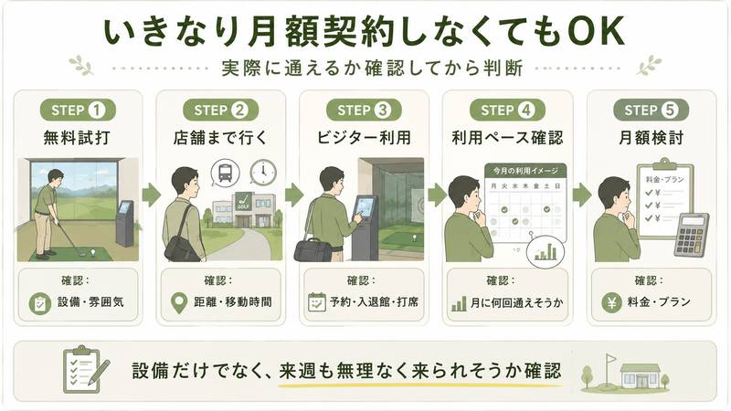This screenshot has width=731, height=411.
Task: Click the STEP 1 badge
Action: (78, 111)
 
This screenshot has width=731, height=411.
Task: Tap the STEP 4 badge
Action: (507, 111)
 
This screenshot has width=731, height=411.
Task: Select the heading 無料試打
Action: (77, 138)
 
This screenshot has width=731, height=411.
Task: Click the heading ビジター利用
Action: (364, 138)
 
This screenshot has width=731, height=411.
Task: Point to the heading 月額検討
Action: (651, 138)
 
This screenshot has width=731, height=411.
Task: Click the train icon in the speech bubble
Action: (225, 173)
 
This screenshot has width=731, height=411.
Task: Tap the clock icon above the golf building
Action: (263, 172)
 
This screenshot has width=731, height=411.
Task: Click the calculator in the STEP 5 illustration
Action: (692, 235)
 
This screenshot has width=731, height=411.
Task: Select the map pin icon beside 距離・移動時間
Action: (179, 303)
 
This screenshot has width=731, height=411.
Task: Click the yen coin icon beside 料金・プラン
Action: (611, 303)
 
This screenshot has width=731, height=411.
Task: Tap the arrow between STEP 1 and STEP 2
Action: (151, 195)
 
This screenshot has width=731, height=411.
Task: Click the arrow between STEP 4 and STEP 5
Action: (582, 195)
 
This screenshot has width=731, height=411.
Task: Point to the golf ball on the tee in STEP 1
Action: (93, 253)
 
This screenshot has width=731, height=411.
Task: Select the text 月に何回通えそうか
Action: (516, 303)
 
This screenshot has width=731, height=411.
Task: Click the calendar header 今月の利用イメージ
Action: (525, 171)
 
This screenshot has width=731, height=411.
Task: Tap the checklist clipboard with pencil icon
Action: (86, 370)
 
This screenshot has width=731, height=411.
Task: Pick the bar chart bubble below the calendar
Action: (545, 252)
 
